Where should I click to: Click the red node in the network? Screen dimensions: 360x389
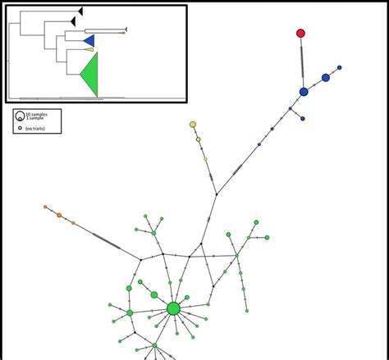[x=300, y=34]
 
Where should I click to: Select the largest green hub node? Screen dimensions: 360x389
[x=173, y=308]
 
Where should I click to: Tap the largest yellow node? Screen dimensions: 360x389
[x=193, y=125]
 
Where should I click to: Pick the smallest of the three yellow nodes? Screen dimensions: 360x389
[x=205, y=159]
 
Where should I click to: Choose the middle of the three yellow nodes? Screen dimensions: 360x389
[x=199, y=139]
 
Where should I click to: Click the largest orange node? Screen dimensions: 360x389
[x=59, y=215]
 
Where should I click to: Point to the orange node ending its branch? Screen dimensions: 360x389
[x=45, y=207]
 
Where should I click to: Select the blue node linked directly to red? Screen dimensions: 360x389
[x=304, y=92]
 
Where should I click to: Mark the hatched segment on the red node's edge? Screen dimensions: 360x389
[x=302, y=62]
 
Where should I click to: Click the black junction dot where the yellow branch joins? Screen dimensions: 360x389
[x=216, y=194]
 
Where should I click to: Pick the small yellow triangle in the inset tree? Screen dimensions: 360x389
[x=89, y=49]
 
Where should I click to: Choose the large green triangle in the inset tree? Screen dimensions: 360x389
[x=89, y=75]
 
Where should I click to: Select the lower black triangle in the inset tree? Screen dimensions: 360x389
[x=73, y=21]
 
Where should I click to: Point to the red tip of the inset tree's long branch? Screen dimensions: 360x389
[x=126, y=30]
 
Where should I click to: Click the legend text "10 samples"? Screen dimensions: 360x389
[x=37, y=114]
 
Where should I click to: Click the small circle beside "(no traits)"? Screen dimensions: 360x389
[x=20, y=128]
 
